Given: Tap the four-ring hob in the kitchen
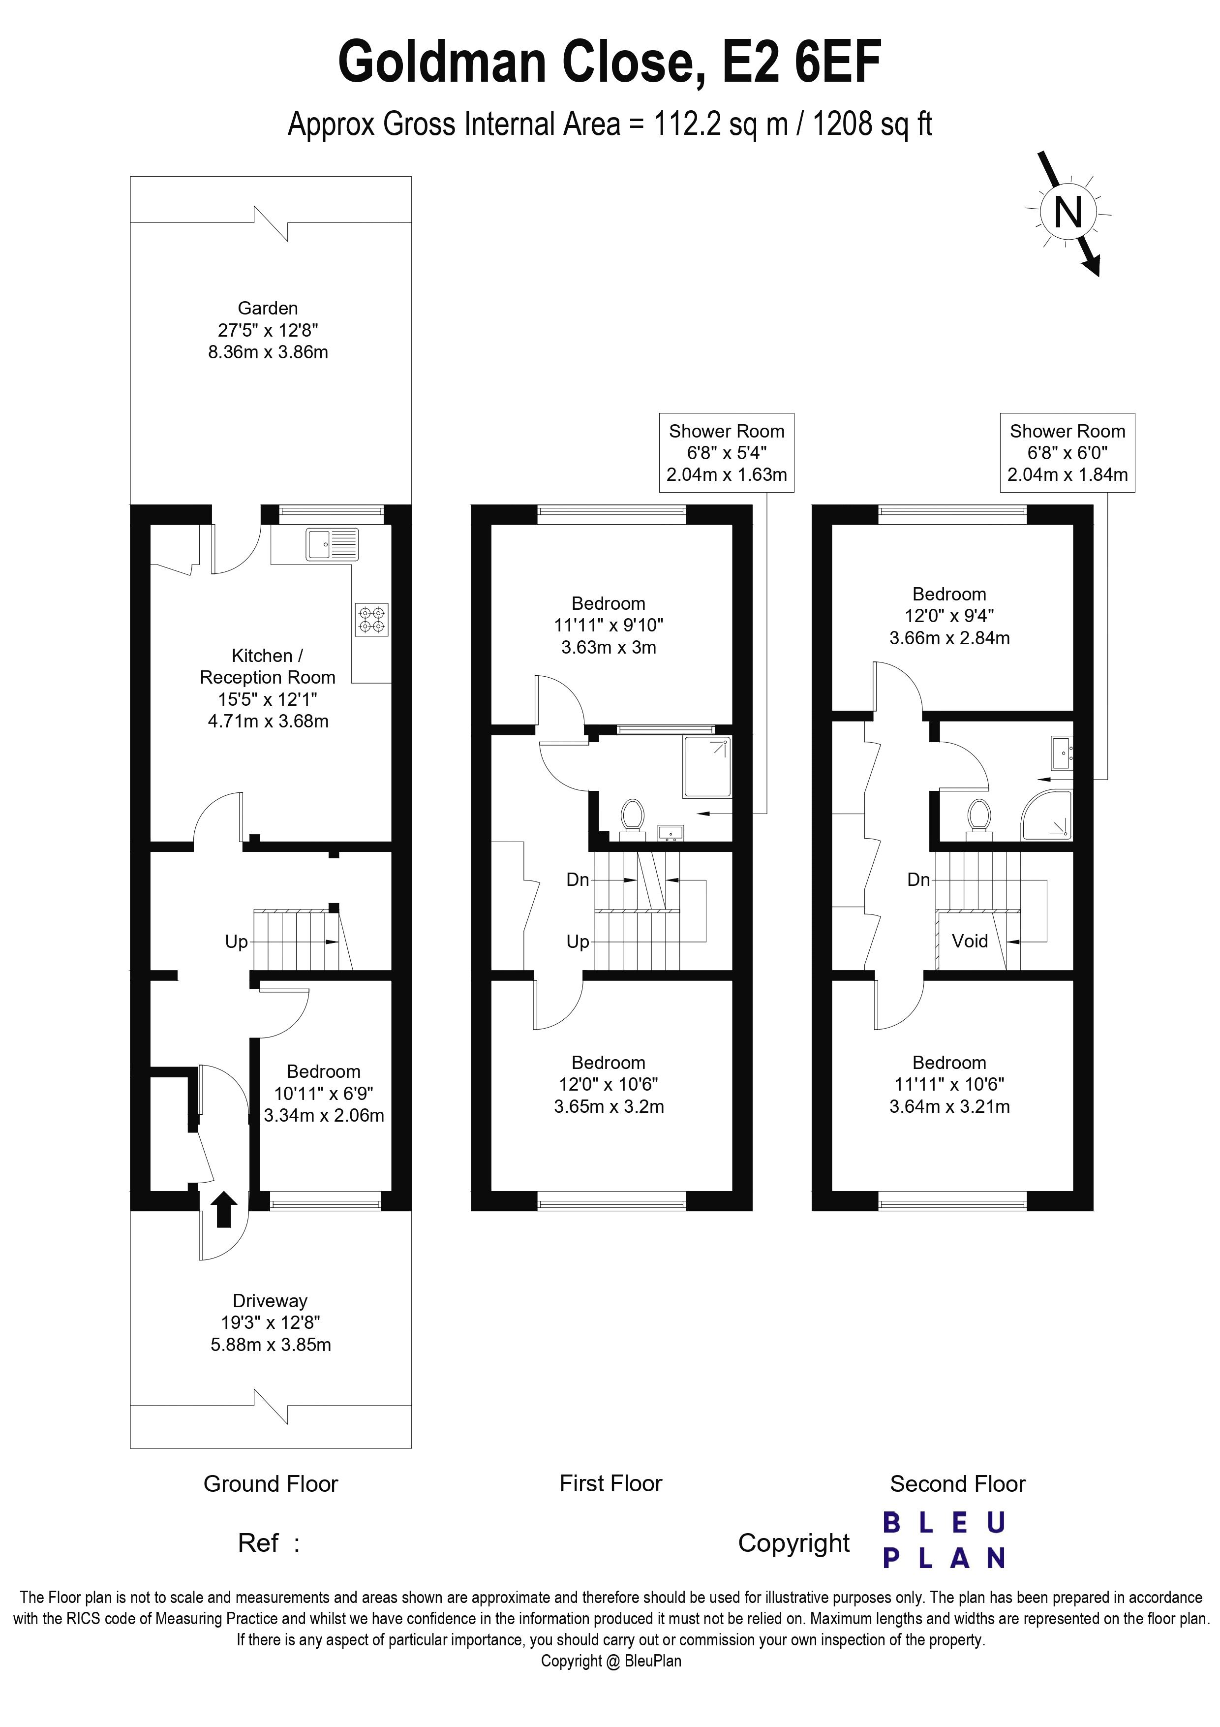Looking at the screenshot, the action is [x=372, y=620].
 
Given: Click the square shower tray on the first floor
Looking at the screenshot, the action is [x=706, y=766].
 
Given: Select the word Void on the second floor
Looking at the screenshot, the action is [x=970, y=941].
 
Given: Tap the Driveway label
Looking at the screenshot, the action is [x=270, y=1300].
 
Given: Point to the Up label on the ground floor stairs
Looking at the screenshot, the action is [x=236, y=942].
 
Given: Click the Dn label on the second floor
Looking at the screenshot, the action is [x=918, y=879].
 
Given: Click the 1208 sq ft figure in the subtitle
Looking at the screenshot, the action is [x=873, y=124].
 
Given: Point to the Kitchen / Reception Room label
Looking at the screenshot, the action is [x=268, y=666].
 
